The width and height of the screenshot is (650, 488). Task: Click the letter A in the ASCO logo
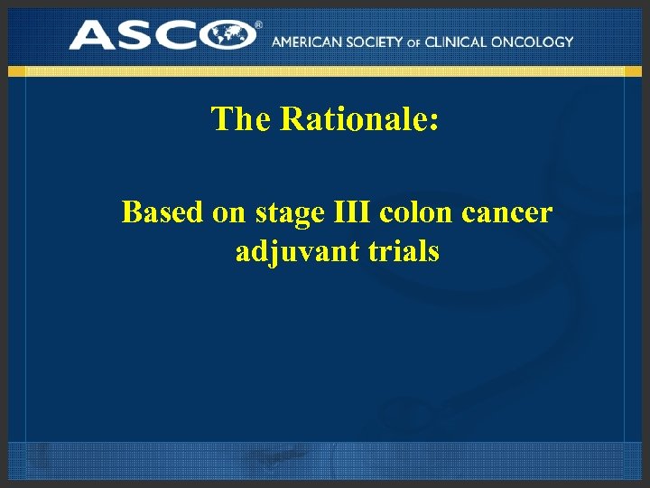point(93,35)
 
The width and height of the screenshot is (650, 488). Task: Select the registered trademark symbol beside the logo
point(259,25)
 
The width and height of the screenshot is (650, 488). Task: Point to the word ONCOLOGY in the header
point(539,42)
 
